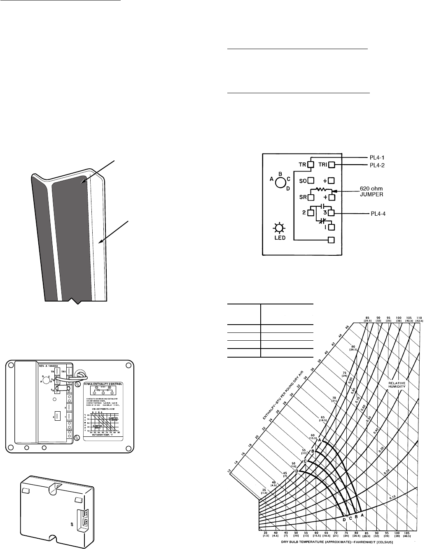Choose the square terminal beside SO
[311, 180]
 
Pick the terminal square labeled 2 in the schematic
[311, 213]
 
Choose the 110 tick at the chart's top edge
[419, 319]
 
